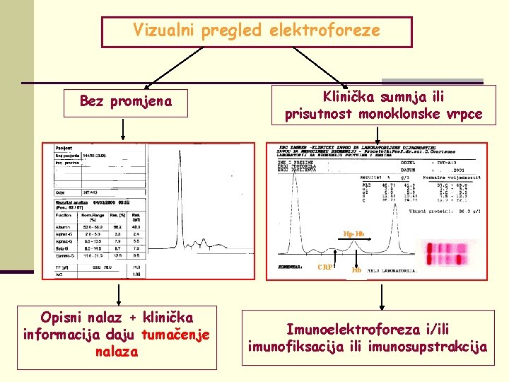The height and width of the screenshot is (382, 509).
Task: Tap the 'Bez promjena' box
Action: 126,101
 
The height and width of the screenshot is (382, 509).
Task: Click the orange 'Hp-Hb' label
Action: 354,233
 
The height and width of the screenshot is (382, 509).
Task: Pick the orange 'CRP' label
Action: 325,267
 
